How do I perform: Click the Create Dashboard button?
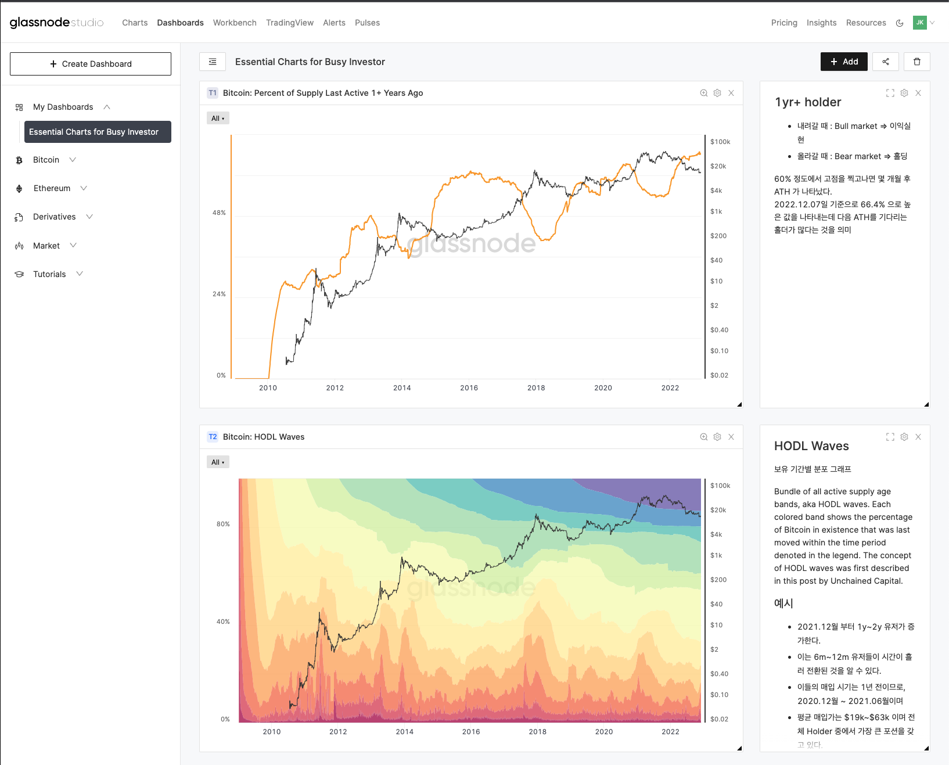91,64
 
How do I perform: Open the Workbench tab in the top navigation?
235,23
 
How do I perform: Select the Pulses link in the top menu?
367,23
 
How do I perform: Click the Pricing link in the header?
784,23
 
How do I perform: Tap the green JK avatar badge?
920,23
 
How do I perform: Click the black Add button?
844,62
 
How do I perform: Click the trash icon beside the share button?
917,62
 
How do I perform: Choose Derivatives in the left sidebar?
55,217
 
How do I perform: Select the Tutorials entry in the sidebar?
49,274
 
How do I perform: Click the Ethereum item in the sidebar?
52,188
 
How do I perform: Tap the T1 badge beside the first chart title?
213,93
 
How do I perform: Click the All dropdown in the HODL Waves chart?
218,462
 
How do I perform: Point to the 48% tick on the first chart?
219,213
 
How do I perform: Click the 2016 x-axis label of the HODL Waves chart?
471,732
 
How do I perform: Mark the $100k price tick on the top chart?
720,142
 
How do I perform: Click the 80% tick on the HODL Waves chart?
223,524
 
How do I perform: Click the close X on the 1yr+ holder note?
918,93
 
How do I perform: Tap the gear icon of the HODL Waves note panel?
904,437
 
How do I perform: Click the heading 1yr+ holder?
808,102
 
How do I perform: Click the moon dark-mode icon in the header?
900,23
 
